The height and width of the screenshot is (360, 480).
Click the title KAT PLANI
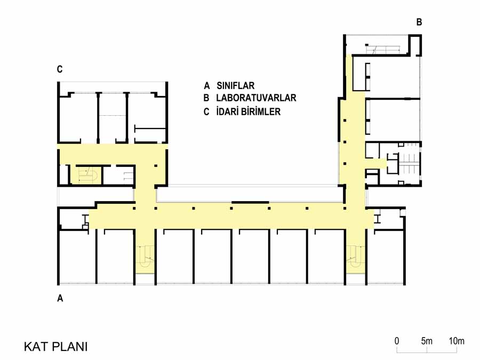point(55,347)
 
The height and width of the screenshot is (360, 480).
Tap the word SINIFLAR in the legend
point(235,85)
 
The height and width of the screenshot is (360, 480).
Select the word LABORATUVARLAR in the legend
point(256,98)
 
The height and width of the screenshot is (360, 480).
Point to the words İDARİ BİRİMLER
point(248,111)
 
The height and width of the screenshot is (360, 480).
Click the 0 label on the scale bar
point(397,341)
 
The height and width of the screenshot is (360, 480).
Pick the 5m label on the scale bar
point(427,341)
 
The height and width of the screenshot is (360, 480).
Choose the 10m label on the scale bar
point(457,341)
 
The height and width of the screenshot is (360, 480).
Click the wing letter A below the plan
point(60,298)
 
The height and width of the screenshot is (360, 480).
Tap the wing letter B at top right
point(419,22)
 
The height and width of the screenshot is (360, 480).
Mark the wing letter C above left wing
point(60,69)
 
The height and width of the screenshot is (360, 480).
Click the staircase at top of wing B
point(382,49)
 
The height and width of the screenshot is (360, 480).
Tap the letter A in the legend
point(207,85)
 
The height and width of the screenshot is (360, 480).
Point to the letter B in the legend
point(206,98)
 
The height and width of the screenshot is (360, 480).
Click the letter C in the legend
point(206,111)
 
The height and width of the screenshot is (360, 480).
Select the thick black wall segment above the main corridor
point(251,202)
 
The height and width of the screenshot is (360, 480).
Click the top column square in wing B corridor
point(345,121)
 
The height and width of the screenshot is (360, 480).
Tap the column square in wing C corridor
point(156,166)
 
